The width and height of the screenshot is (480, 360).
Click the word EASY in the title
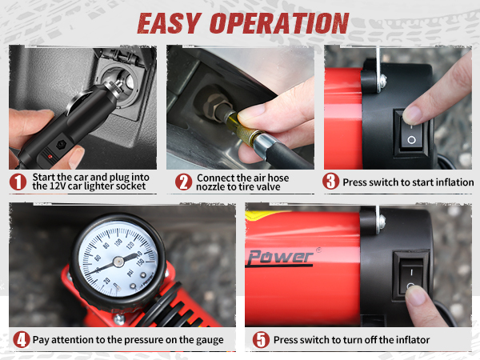[x=174, y=22]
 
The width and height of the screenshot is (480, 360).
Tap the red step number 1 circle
[x=18, y=182]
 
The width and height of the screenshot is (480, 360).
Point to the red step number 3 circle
[x=331, y=182]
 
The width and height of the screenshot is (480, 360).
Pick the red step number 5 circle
[x=261, y=339]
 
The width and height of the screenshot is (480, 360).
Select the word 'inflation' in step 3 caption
[x=448, y=182]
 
